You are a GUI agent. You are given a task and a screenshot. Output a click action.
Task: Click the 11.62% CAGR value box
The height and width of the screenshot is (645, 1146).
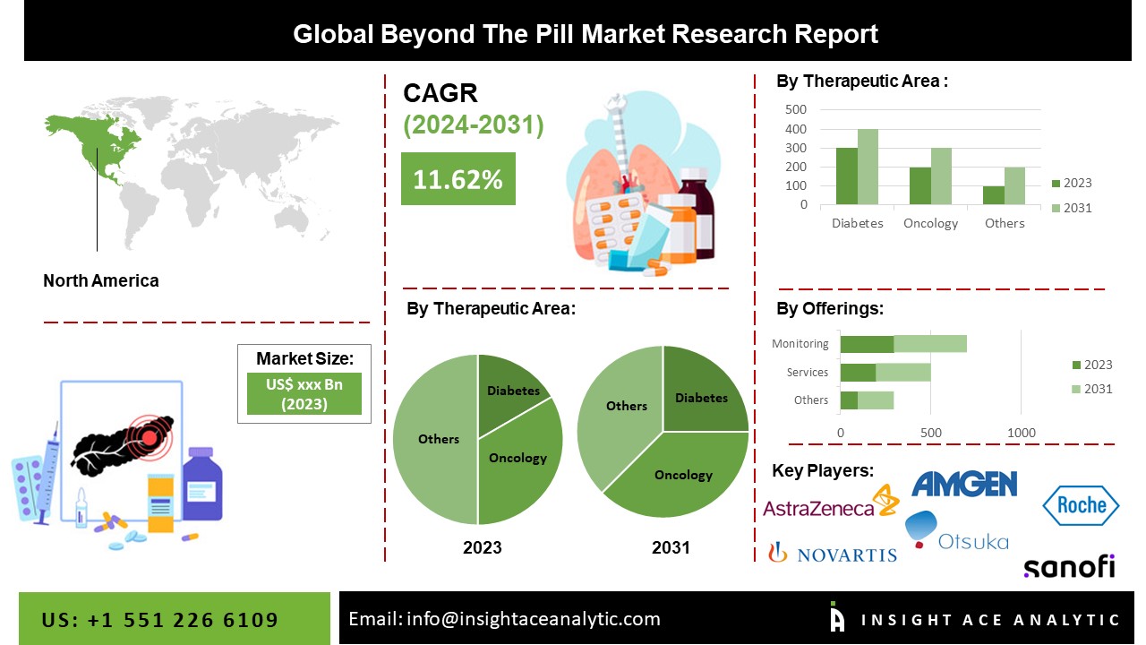(x=458, y=179)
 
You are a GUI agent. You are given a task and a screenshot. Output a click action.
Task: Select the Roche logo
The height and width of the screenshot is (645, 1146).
(x=1081, y=505)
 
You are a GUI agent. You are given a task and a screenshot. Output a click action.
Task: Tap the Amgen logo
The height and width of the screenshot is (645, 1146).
(x=964, y=484)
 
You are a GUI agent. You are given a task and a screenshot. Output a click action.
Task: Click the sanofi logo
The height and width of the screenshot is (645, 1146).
(x=1069, y=567)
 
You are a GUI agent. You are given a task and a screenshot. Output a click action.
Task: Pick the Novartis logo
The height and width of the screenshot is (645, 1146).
(x=833, y=554)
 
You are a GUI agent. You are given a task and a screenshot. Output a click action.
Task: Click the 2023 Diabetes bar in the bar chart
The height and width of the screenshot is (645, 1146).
(x=846, y=176)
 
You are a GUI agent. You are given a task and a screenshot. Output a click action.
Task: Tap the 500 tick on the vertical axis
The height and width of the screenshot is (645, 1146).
(x=796, y=109)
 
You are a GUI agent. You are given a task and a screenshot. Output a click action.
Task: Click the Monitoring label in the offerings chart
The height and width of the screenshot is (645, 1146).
(x=800, y=343)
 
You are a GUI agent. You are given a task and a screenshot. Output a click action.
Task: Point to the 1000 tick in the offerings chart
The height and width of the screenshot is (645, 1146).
(x=1022, y=433)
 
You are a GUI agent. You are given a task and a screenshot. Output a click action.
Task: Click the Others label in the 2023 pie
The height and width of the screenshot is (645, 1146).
(x=439, y=439)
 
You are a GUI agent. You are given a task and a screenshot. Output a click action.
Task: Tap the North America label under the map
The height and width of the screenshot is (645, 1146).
(x=101, y=280)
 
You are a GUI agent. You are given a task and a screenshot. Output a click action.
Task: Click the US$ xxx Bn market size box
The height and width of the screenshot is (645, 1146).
(x=304, y=394)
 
